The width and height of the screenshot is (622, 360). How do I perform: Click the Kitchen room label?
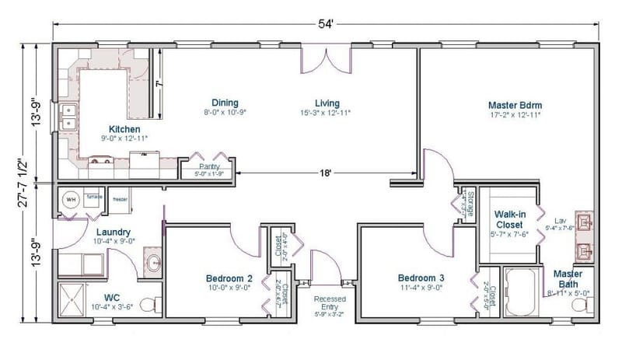[x=124, y=129]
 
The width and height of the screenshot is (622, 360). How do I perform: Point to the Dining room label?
[x=225, y=103]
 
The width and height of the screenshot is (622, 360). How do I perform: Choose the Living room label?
[x=327, y=103]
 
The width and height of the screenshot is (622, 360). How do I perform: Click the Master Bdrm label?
[x=514, y=104]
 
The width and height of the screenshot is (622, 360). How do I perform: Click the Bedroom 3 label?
[x=421, y=278]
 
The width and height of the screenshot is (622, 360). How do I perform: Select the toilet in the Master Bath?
[x=581, y=305]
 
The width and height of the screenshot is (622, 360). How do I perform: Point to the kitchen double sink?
[x=68, y=117]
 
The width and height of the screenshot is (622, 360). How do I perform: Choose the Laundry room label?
[x=114, y=232]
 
